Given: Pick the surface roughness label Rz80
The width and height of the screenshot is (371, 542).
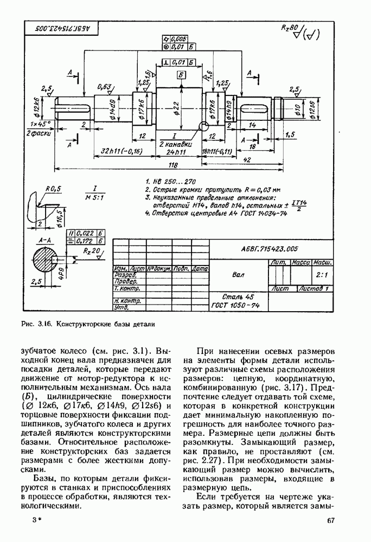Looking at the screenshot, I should pos(290,27).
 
